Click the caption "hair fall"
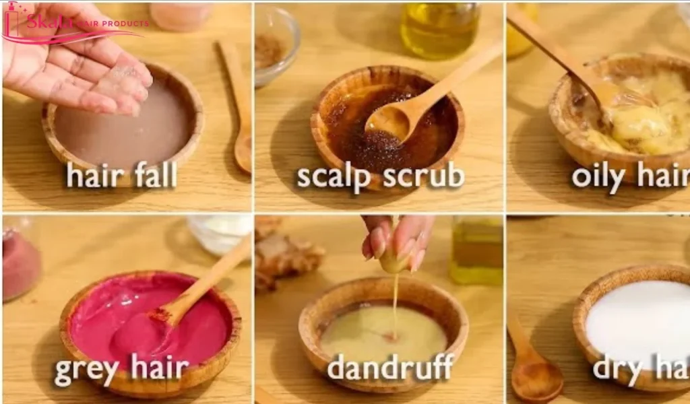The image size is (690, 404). point(121,175)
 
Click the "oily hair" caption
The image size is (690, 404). point(629,176)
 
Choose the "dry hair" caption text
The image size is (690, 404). point(640,368)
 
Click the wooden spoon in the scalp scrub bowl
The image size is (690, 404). point(418,101)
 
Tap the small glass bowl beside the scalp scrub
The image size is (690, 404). point(276,44)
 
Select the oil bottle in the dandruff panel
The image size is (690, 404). point(476,249)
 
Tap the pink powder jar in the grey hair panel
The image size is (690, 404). point(20,263)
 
